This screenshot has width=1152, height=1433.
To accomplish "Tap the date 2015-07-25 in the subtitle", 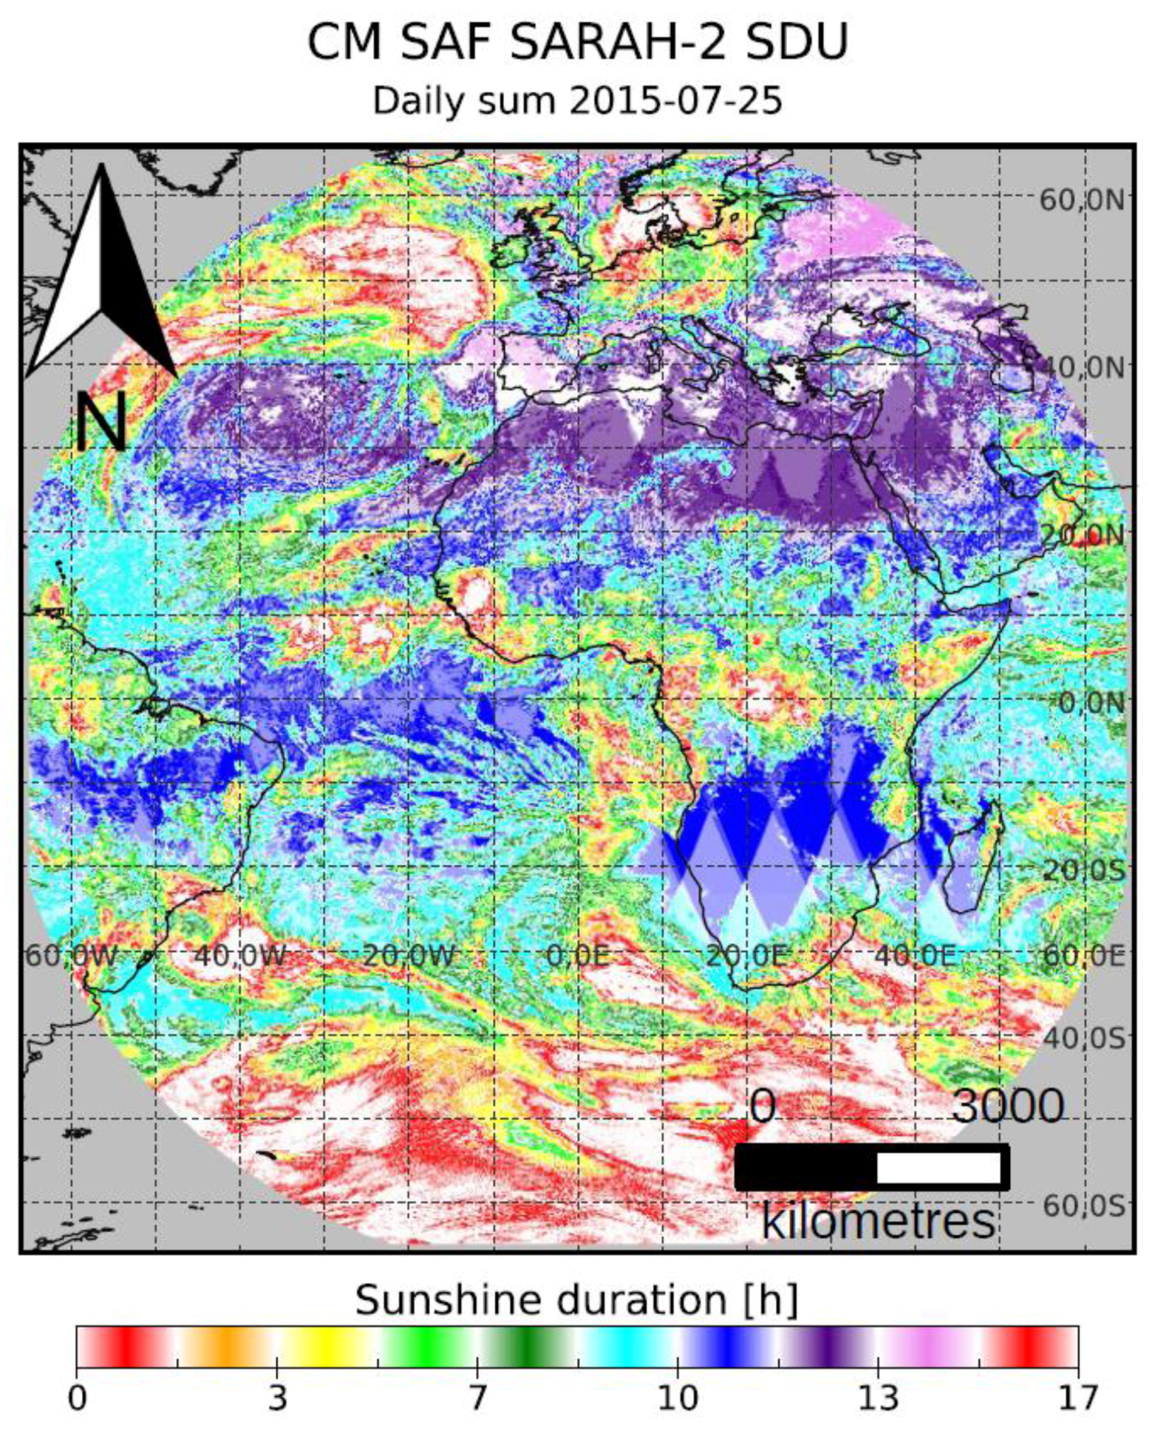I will (x=675, y=101).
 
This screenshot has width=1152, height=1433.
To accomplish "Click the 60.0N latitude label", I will (x=1081, y=200).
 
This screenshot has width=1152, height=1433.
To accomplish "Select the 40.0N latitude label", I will (x=1081, y=368).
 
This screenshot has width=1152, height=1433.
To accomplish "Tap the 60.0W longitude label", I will (x=71, y=956).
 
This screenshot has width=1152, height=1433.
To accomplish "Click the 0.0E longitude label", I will (x=578, y=956).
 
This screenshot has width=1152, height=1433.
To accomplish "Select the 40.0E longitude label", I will (x=916, y=956).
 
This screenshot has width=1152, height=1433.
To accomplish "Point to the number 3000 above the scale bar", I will (x=1007, y=1106).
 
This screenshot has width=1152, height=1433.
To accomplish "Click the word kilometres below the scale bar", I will (x=878, y=1222).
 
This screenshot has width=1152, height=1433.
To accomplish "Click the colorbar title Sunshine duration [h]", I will (x=576, y=1299).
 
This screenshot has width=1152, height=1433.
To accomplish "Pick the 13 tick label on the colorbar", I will (x=878, y=1398).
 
